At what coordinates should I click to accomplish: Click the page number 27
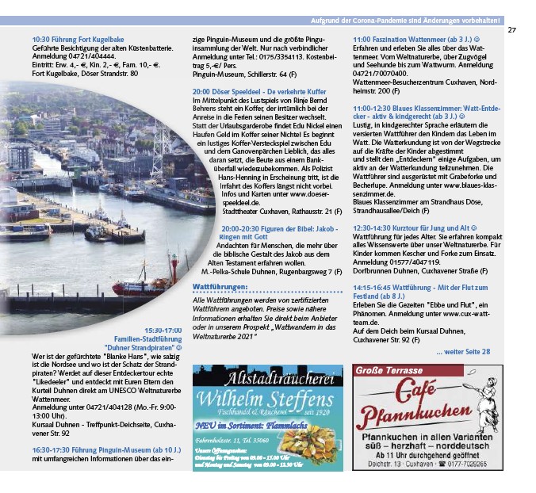point(511,29)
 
